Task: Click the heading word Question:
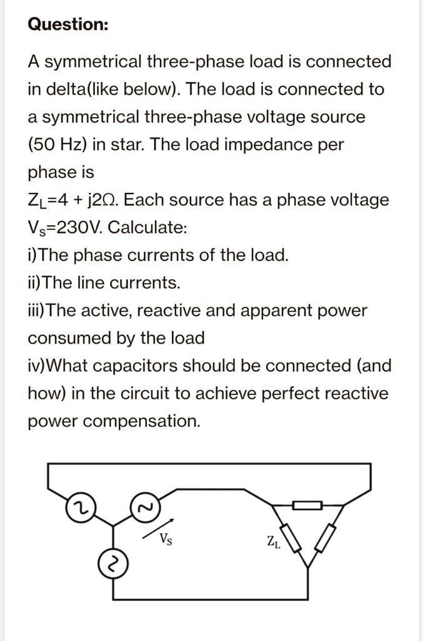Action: pyautogui.click(x=68, y=24)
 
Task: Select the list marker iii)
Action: pyautogui.click(x=36, y=310)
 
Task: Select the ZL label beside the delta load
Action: pyautogui.click(x=274, y=542)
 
